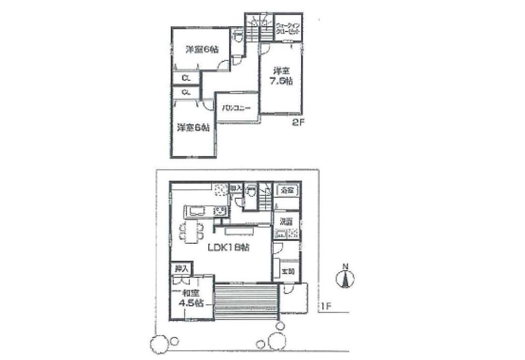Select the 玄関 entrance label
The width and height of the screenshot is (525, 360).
pyautogui.click(x=287, y=271)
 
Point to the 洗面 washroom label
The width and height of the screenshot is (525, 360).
pyautogui.click(x=286, y=221)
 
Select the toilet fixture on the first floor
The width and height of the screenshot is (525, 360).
pyautogui.click(x=251, y=192)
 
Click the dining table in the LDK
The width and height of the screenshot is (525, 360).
pyautogui.click(x=191, y=230)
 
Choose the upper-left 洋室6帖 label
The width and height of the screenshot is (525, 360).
pyautogui.click(x=202, y=50)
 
